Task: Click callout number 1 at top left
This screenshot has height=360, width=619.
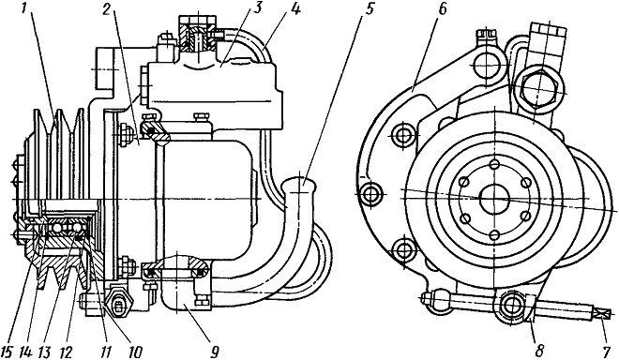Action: coord(24,9)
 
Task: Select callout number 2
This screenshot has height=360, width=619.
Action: coord(107,10)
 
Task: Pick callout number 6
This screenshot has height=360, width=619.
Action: coord(442,10)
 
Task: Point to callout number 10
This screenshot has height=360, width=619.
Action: coord(134,350)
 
